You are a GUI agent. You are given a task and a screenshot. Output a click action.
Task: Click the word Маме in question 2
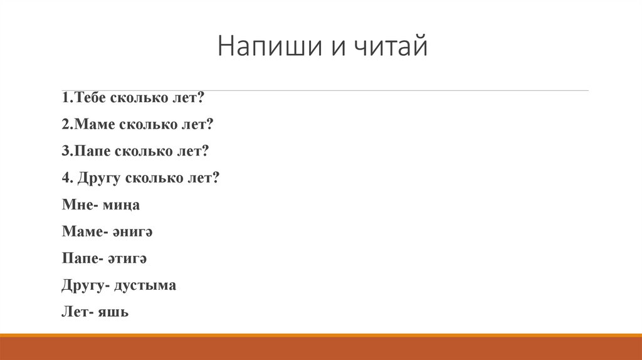tap(93, 125)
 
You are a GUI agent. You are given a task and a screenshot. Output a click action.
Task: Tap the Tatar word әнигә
tap(133, 231)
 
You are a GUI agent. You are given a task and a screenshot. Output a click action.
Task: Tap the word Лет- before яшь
tap(78, 312)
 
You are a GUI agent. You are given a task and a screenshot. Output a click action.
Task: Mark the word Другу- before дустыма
tap(87, 285)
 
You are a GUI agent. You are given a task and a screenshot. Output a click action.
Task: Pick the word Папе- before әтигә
tap(82, 258)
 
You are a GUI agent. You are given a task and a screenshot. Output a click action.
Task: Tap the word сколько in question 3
tap(140, 151)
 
